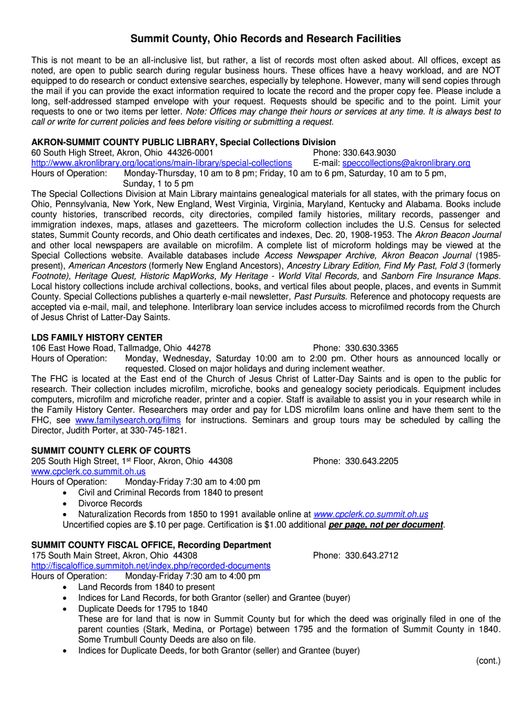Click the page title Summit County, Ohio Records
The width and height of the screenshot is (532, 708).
pos(266,39)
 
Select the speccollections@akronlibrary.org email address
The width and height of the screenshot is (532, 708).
pos(412,163)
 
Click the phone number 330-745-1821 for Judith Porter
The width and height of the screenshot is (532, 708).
pos(160,430)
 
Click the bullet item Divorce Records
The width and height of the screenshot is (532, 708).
pos(110,503)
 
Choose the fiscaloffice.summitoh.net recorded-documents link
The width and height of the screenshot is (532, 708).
pos(151,566)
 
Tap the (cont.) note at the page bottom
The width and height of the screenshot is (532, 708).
pos(488,660)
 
